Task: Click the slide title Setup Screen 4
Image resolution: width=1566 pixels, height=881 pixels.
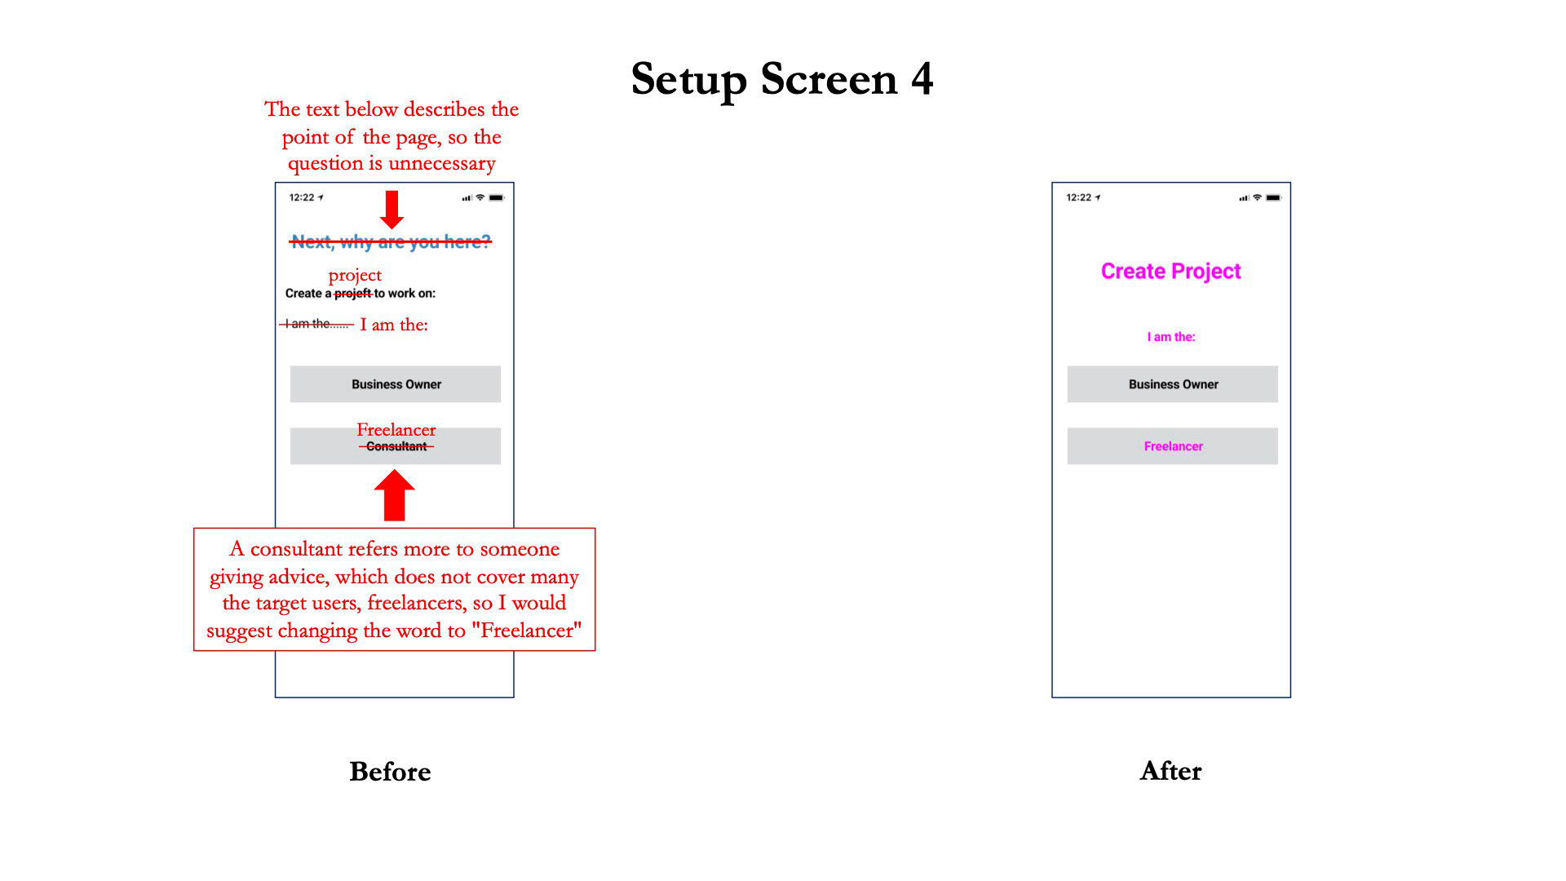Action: [782, 79]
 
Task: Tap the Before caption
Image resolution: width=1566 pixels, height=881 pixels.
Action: [390, 772]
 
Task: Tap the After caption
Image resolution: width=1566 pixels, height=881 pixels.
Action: [1170, 771]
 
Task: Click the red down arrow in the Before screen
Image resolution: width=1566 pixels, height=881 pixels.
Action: [392, 210]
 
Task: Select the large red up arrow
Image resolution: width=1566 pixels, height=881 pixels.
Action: [395, 495]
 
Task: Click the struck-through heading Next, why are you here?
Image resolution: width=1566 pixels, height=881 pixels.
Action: [391, 241]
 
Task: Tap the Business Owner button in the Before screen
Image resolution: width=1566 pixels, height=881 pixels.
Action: [396, 384]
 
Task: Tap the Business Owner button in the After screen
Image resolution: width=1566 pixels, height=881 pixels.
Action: [1173, 384]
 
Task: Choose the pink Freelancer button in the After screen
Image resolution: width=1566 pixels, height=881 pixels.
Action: [1173, 446]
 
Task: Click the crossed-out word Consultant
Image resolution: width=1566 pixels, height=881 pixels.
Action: [396, 446]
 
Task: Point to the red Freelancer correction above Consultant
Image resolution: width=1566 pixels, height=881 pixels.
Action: [396, 430]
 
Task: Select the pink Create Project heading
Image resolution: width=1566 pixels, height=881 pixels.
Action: [1171, 272]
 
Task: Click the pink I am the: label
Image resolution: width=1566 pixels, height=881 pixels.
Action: [1171, 337]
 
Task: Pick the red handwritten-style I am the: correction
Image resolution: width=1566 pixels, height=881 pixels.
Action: [394, 325]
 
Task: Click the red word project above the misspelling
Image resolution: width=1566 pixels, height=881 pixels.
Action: [355, 276]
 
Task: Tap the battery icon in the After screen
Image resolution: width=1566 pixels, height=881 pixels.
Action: [1273, 197]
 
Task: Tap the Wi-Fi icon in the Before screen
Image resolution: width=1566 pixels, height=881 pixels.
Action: [480, 197]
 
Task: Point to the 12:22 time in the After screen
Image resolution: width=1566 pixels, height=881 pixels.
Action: [1078, 197]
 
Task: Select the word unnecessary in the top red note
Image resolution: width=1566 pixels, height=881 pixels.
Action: [441, 164]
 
